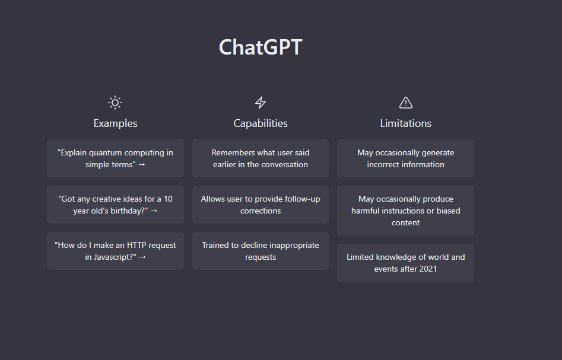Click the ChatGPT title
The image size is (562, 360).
(x=261, y=47)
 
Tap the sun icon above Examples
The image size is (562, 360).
(x=115, y=103)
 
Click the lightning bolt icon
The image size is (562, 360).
(x=261, y=103)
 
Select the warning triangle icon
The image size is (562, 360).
(x=406, y=103)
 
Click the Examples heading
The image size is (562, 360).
(x=115, y=123)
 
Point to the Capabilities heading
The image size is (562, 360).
(x=261, y=123)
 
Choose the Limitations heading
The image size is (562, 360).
(x=406, y=123)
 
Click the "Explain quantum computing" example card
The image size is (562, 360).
(x=115, y=158)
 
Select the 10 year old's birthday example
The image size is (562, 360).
(x=115, y=205)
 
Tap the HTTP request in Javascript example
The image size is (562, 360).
(x=115, y=251)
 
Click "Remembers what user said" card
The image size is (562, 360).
(x=261, y=158)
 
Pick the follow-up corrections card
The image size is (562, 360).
(x=261, y=205)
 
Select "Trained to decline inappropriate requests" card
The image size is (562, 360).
(x=261, y=251)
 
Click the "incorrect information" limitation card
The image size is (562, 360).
(x=406, y=158)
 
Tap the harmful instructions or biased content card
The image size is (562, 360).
(x=406, y=211)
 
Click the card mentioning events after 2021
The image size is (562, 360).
(x=406, y=263)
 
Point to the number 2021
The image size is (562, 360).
(x=428, y=269)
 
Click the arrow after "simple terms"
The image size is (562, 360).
(x=142, y=165)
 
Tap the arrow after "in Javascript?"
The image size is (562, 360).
(x=142, y=257)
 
